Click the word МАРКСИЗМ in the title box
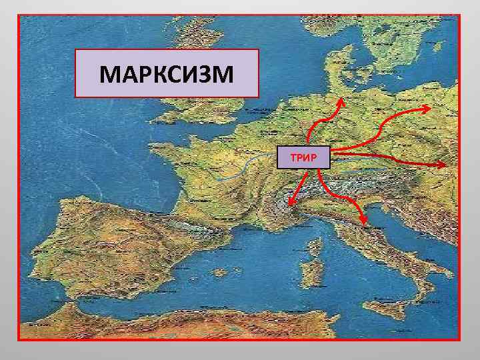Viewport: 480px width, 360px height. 166,75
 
